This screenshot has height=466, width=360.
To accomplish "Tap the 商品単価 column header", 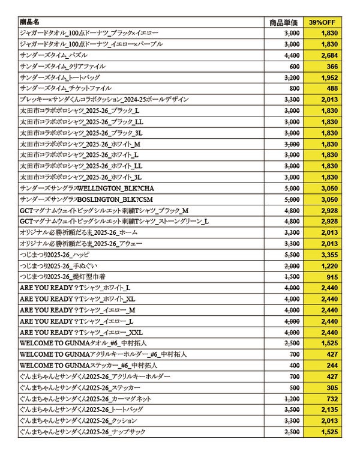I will pyautogui.click(x=284, y=22).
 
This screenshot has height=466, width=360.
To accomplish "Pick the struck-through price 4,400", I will pyautogui.click(x=292, y=55).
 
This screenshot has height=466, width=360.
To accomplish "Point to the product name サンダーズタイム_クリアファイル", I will pyautogui.click(x=56, y=66).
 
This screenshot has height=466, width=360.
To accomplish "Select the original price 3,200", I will pyautogui.click(x=292, y=77).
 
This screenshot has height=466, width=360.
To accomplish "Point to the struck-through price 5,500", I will pyautogui.click(x=292, y=255).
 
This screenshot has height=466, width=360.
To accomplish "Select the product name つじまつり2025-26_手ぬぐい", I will pyautogui.click(x=55, y=265).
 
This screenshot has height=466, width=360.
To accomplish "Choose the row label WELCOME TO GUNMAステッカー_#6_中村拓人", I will pyautogui.click(x=89, y=365).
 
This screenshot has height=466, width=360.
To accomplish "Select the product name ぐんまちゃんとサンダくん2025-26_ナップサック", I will pyautogui.click(x=82, y=432).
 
